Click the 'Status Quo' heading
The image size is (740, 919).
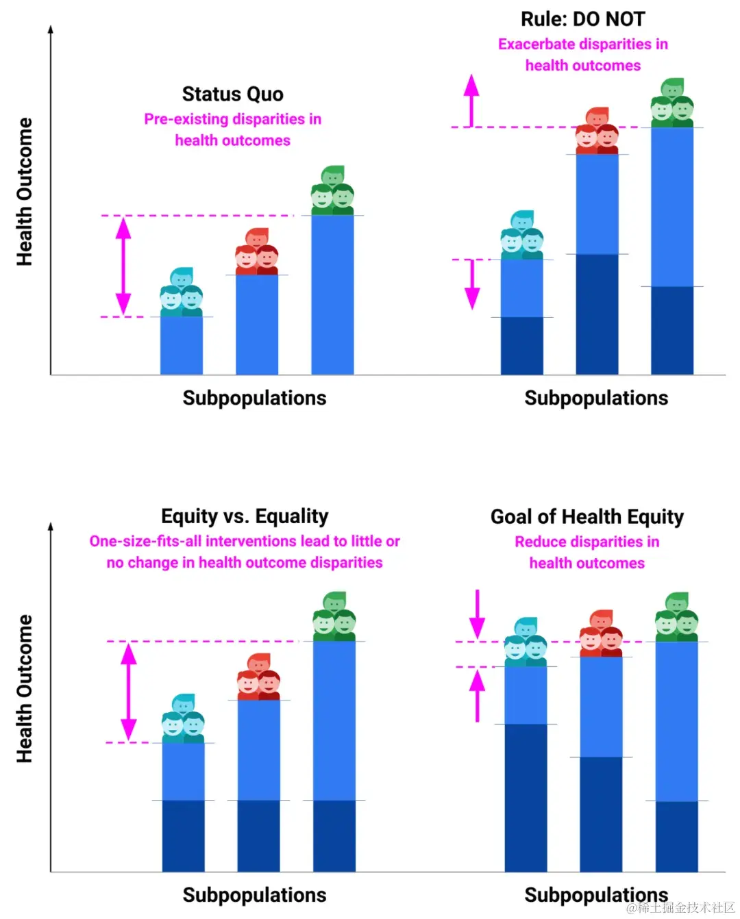point(232,94)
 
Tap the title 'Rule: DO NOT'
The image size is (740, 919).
point(582,19)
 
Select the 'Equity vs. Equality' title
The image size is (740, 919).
point(245,516)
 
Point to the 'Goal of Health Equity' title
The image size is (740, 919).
point(587,516)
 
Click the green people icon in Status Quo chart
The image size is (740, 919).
point(332,190)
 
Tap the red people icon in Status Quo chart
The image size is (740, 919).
point(257,251)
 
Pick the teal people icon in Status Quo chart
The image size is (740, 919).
point(182,292)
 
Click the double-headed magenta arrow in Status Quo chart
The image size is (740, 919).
point(123,266)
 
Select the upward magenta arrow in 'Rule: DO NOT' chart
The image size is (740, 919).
point(471,99)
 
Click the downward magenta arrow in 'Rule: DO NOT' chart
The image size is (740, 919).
point(472,284)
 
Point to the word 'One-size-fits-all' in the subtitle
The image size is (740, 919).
point(146,541)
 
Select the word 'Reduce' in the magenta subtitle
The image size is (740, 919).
point(541,542)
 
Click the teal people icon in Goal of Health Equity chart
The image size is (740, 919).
point(526,642)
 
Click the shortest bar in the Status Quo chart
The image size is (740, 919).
point(182,345)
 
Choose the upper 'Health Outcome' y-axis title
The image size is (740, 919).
point(25,192)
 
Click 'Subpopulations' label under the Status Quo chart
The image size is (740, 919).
point(254,398)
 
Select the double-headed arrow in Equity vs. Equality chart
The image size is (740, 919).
point(129,692)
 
